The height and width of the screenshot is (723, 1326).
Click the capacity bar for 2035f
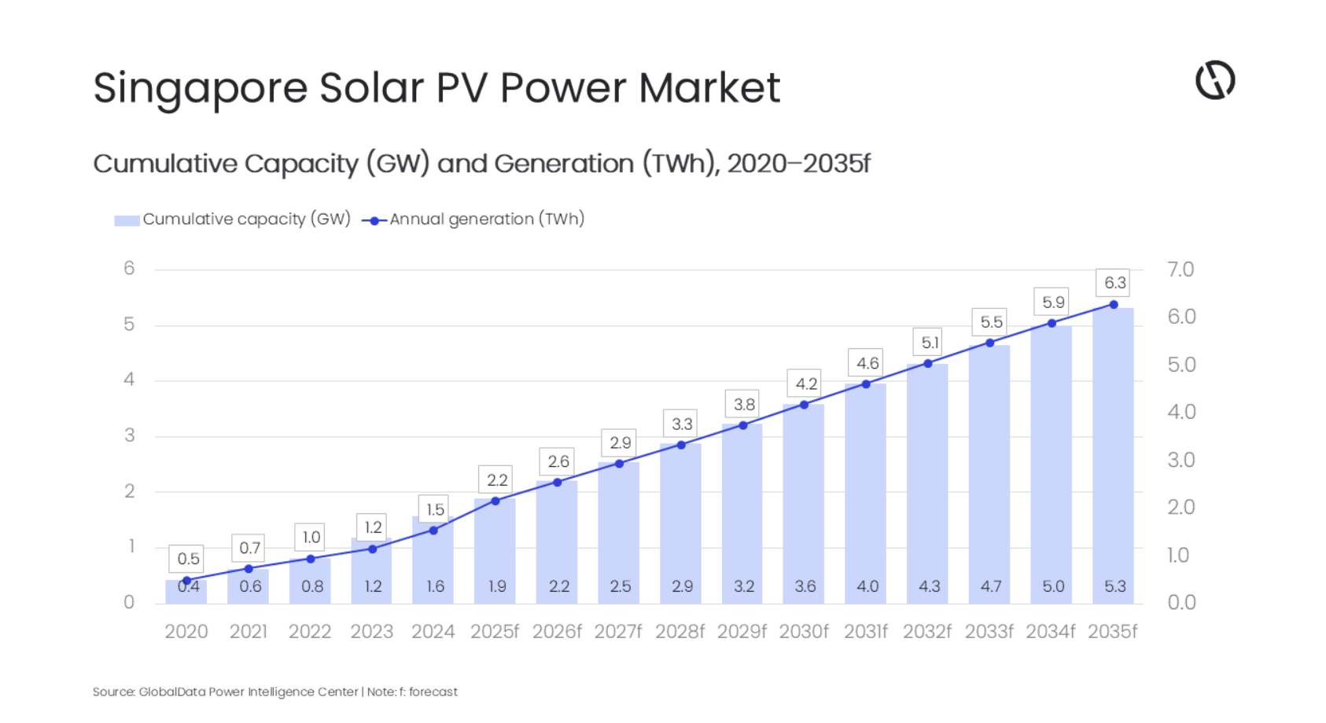click(1113, 456)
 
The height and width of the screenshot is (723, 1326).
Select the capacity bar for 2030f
click(803, 504)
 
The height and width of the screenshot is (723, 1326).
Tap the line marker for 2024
click(433, 530)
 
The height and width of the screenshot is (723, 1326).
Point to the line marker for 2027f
click(619, 464)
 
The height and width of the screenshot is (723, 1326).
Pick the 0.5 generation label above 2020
click(188, 559)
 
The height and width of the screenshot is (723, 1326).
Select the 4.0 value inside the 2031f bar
click(867, 586)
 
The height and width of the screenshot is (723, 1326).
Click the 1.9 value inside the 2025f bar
click(496, 586)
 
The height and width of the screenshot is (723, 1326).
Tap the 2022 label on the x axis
click(310, 632)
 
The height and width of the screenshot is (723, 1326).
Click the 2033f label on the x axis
click(989, 632)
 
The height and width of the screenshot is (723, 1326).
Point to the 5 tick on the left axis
click(129, 325)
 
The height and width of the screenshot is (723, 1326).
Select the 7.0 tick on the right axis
click(1181, 270)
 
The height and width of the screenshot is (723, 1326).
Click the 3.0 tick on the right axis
click(1181, 460)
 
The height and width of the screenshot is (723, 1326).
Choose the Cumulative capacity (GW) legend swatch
click(127, 220)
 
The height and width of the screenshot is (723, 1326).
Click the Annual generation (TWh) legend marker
click(374, 221)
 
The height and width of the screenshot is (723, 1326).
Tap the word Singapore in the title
click(201, 88)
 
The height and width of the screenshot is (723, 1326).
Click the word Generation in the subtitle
click(564, 163)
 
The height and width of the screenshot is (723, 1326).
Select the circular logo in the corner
click(1214, 80)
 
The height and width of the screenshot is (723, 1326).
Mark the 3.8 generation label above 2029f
click(743, 405)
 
